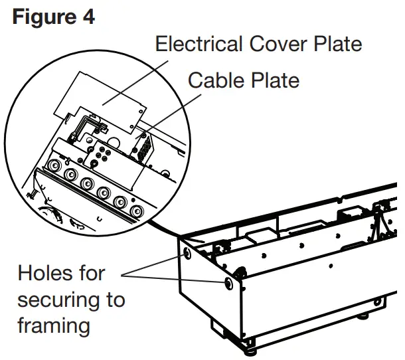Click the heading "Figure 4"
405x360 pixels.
[53, 16]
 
